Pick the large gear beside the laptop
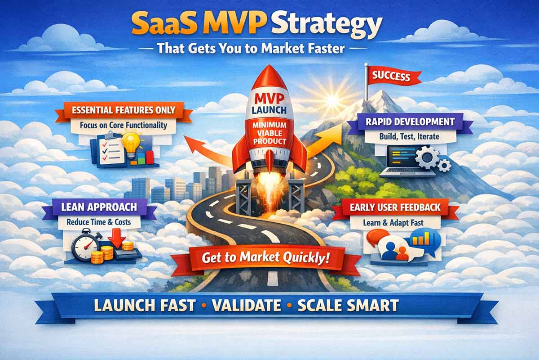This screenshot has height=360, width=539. pos(426,158)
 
